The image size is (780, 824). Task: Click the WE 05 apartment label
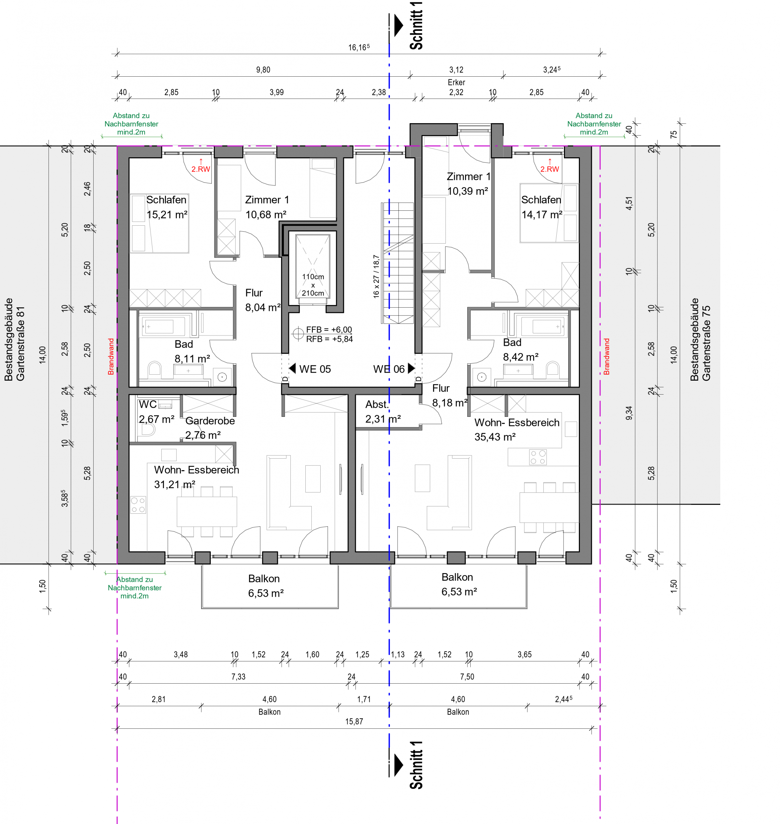click(315, 369)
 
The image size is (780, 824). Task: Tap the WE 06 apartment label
click(389, 369)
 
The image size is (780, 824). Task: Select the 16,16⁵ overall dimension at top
click(359, 47)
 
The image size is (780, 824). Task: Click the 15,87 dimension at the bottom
click(354, 721)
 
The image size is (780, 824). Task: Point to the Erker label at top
click(456, 82)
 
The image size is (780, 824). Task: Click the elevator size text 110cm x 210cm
click(313, 285)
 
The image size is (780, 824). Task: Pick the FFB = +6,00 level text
click(329, 330)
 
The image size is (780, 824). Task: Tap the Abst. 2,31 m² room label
click(383, 412)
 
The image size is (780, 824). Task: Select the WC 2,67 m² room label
click(156, 412)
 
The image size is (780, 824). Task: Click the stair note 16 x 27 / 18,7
click(376, 276)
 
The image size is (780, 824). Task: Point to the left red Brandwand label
click(111, 356)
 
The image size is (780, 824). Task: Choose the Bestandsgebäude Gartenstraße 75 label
click(700, 339)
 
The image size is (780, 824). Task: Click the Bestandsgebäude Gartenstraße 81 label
click(15, 339)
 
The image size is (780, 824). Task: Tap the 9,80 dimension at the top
click(263, 69)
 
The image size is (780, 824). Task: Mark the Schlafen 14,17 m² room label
click(542, 207)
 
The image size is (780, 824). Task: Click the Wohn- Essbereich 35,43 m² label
click(517, 429)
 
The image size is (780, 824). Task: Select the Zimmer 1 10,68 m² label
click(267, 207)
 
